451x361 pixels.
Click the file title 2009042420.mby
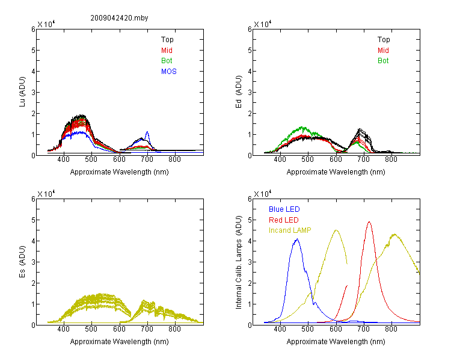pos(119,18)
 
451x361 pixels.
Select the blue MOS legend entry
pos(169,72)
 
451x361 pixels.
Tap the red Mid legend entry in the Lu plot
pos(167,51)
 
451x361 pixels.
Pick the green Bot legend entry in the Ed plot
pos(383,61)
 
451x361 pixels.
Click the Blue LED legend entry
pos(284,209)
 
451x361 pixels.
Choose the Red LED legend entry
pos(284,220)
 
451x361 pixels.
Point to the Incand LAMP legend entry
pos(290,230)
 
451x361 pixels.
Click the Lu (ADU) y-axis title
pos(22,92)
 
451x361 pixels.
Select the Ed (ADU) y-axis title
pos(239,92)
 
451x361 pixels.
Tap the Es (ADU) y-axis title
pos(22,262)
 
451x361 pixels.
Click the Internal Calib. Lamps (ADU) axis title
pos(239,262)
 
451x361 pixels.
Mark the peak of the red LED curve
pos(369,221)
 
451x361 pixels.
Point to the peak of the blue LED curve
pos(298,239)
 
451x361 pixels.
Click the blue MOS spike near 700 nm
pos(147,132)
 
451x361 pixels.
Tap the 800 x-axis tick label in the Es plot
pos(174,329)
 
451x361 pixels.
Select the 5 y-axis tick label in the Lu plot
pos(33,51)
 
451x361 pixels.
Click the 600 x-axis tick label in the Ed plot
pos(336,159)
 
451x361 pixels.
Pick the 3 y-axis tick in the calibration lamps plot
pos(250,262)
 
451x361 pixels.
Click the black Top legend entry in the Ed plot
pos(384,40)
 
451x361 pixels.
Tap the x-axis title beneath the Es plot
pos(120,342)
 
